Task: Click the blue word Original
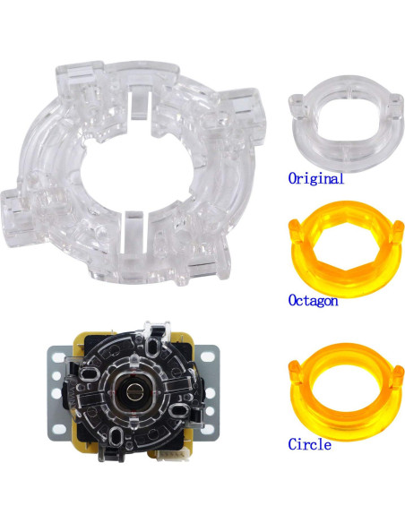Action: coord(315,178)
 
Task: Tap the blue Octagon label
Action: coord(313,301)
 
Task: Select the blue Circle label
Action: coord(309,444)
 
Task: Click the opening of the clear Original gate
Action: coord(341,121)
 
